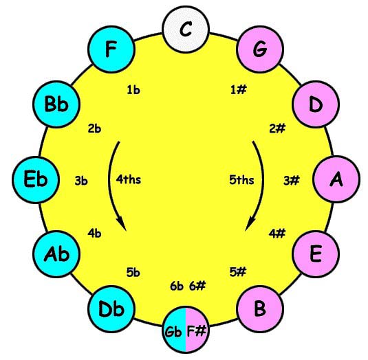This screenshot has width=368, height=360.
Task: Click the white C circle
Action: [186, 30]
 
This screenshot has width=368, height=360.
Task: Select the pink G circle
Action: [260, 49]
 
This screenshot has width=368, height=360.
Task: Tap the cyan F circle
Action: [111, 49]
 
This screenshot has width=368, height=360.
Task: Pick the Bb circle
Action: [56, 104]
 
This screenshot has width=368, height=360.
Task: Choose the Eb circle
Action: [36, 179]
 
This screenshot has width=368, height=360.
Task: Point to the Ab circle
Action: [56, 254]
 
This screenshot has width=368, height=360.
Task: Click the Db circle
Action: [111, 309]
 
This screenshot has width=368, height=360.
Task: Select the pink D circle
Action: [316, 104]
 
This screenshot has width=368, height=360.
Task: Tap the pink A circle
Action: [336, 179]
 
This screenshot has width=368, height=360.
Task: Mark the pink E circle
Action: [316, 254]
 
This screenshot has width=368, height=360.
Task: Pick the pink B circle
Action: [260, 309]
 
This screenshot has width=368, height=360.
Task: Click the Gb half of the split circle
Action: [173, 329]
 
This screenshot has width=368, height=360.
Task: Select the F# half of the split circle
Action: [197, 329]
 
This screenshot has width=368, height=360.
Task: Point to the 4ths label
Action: [129, 180]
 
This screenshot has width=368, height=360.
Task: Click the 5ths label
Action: [241, 180]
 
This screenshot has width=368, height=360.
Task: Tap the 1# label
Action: [239, 90]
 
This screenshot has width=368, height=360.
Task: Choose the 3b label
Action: [81, 181]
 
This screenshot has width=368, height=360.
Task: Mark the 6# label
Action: [197, 286]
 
